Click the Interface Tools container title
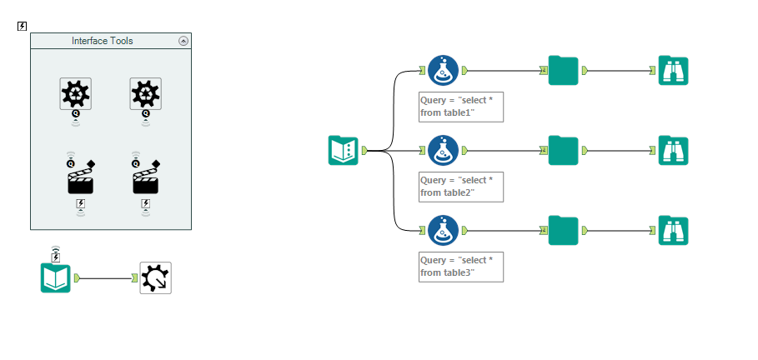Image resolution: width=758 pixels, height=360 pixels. [102, 41]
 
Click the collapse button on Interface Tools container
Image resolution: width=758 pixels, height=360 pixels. [183, 41]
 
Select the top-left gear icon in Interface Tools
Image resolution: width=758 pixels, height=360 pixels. [75, 93]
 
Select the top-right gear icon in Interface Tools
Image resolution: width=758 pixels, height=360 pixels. [146, 93]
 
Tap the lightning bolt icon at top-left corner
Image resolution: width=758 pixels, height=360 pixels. [23, 27]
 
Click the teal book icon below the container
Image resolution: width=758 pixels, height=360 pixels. [56, 277]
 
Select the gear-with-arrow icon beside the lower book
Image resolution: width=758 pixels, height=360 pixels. [155, 277]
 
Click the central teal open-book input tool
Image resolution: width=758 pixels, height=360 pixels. [344, 151]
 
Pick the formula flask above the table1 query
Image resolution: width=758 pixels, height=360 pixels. [443, 71]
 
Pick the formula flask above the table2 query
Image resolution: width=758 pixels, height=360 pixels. [443, 151]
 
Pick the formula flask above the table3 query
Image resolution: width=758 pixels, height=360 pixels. [443, 231]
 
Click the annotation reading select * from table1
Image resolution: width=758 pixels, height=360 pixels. [460, 107]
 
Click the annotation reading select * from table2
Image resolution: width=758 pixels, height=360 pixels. [460, 187]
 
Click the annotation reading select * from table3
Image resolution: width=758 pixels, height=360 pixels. [460, 267]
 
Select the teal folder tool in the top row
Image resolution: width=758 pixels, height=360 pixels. [564, 71]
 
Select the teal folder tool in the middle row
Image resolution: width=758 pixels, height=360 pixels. [564, 151]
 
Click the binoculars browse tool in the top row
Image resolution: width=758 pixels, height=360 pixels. [673, 71]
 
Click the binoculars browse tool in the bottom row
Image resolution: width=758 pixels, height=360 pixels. [673, 231]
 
